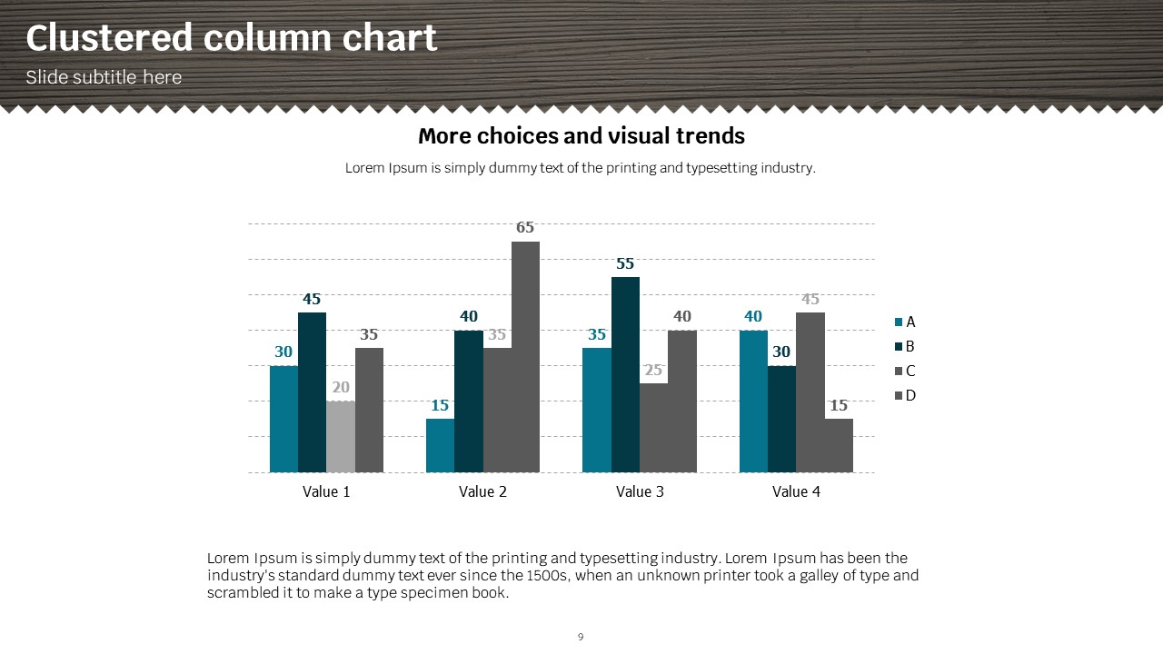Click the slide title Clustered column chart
[231, 38]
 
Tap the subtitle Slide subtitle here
[104, 77]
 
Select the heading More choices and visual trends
[581, 136]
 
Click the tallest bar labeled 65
[525, 356]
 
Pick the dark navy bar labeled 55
[625, 374]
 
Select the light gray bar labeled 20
[341, 436]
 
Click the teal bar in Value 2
[440, 445]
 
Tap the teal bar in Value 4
[753, 401]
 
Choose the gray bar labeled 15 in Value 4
[839, 445]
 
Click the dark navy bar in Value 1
[312, 391]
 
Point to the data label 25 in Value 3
[653, 371]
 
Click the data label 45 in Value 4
[810, 299]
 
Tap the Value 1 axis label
[326, 491]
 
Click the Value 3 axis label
[640, 491]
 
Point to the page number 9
[581, 637]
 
